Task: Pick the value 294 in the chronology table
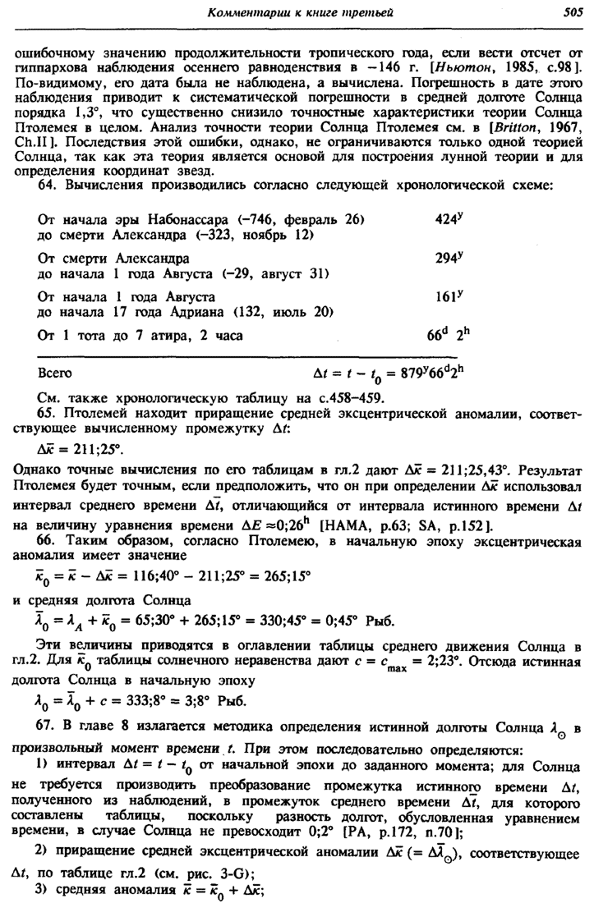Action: (x=444, y=258)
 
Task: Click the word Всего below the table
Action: (x=55, y=372)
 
